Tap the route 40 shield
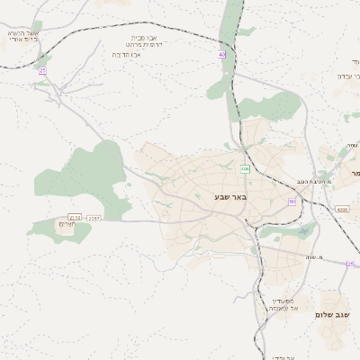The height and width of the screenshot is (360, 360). (222, 55)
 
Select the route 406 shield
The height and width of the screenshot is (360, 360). (245, 168)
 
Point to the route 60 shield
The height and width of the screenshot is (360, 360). (292, 202)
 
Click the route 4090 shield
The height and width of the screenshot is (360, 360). (341, 210)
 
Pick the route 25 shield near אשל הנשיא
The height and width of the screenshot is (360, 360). (42, 70)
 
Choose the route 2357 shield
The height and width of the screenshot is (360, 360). (94, 219)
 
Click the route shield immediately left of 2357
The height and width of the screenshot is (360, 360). (75, 218)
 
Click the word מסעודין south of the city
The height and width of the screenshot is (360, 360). (284, 301)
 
